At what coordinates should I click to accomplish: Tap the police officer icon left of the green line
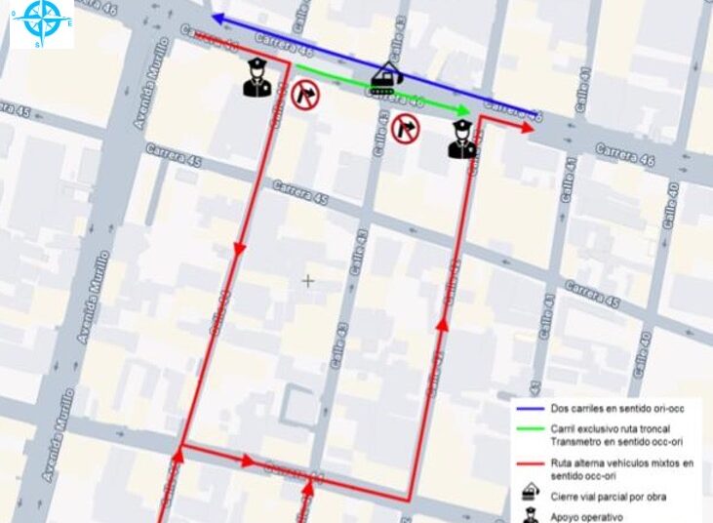pyautogui.click(x=256, y=78)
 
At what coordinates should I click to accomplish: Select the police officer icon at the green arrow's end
pyautogui.click(x=460, y=139)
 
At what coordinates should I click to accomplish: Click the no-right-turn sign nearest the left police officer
pyautogui.click(x=305, y=95)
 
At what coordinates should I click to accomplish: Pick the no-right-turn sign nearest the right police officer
pyautogui.click(x=405, y=127)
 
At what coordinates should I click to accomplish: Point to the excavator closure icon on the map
pyautogui.click(x=387, y=77)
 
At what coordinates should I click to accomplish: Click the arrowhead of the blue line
pyautogui.click(x=217, y=19)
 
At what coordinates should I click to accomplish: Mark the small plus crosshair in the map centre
pyautogui.click(x=308, y=281)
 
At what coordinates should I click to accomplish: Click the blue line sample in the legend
pyautogui.click(x=531, y=408)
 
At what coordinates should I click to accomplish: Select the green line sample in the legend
pyautogui.click(x=531, y=430)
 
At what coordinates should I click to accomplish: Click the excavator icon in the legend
pyautogui.click(x=531, y=495)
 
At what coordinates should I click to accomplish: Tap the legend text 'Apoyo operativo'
pyautogui.click(x=586, y=517)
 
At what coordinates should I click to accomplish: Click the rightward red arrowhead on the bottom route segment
pyautogui.click(x=250, y=461)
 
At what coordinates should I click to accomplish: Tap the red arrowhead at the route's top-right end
pyautogui.click(x=530, y=127)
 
